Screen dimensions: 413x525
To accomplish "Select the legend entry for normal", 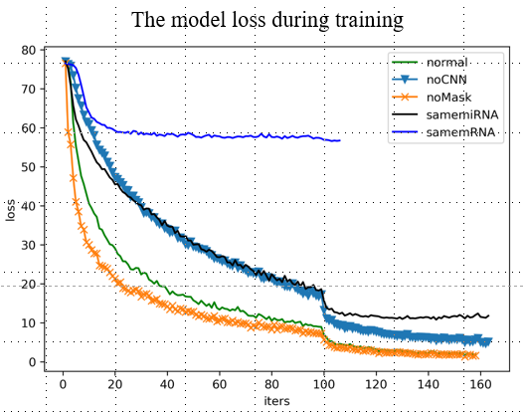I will coord(449,62).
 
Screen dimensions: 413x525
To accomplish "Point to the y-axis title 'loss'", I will coord(11,210).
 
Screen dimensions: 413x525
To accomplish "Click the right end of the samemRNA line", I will coord(340,140).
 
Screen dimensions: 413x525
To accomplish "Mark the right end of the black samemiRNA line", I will coord(489,315).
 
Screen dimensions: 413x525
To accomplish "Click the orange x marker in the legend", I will coord(406,97).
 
